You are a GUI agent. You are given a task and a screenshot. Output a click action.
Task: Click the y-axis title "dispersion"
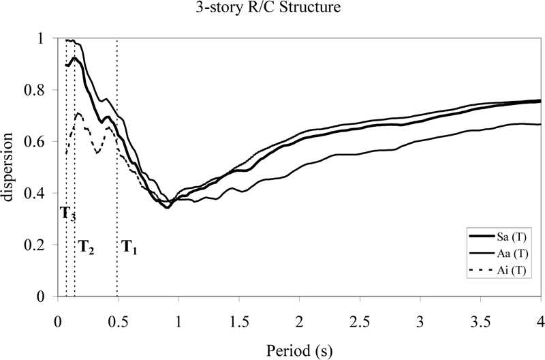[x=9, y=168]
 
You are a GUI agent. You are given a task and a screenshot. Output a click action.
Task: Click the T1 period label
[x=130, y=246]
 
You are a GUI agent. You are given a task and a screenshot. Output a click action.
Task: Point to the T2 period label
[x=86, y=246]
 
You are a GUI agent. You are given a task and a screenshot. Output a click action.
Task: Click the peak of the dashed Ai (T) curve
[x=78, y=113]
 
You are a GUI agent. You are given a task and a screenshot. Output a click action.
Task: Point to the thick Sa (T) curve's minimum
[x=167, y=207]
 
